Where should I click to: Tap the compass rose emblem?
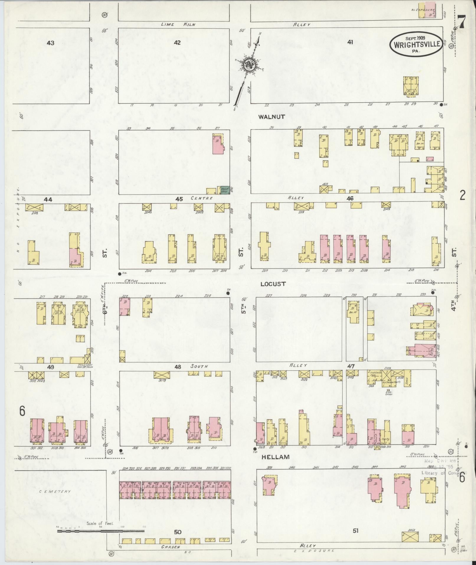[x=248, y=64]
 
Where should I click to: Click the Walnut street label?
[x=271, y=117]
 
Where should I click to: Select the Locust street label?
[x=273, y=284]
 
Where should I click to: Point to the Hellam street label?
[x=275, y=457]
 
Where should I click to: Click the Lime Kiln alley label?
[x=178, y=25]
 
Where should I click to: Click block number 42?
[x=177, y=43]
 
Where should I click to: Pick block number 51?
[x=355, y=531]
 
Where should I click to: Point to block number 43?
[x=50, y=43]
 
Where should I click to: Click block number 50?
[x=177, y=532]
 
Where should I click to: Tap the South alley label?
[x=199, y=367]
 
